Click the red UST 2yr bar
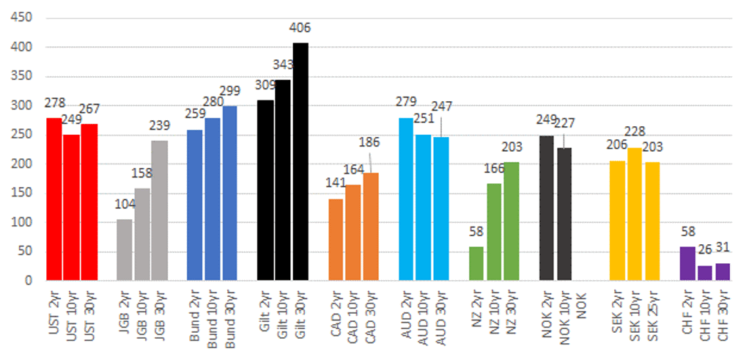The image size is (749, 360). (54, 199)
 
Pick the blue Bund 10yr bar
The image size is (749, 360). (213, 199)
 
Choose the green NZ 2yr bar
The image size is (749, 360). (477, 263)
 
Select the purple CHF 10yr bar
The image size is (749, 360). (704, 273)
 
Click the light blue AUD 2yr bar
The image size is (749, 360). (407, 199)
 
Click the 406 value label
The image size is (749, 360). (300, 28)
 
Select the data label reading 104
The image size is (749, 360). (125, 205)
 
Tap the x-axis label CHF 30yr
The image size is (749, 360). (723, 313)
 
